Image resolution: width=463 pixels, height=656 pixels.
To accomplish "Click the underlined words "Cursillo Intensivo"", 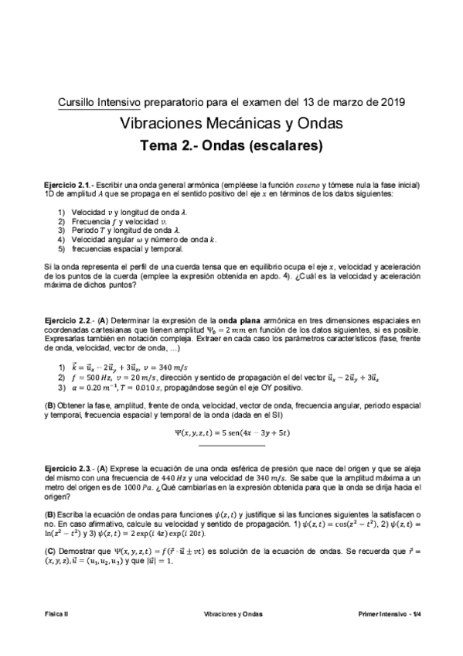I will point(105,101).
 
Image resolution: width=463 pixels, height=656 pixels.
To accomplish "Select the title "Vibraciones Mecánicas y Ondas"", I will point(232,123).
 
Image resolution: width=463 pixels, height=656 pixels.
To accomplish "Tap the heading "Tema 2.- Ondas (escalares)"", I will point(231,145).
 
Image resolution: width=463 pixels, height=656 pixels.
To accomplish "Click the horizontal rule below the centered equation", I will point(232,446).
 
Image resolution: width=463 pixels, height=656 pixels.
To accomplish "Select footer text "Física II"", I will point(56,613).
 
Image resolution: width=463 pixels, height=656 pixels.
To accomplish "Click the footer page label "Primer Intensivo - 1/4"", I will point(388,613).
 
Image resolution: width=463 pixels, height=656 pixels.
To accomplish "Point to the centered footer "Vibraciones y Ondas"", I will point(232,613).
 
